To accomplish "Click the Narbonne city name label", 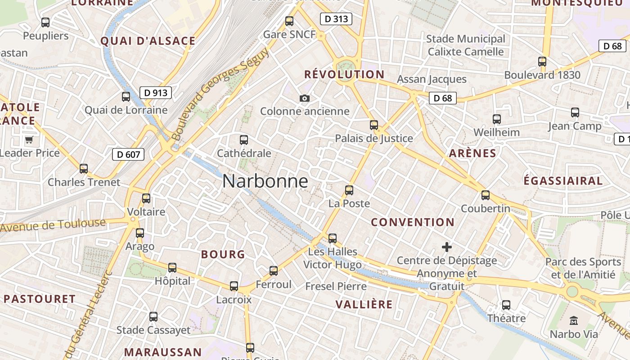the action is tap(265, 181).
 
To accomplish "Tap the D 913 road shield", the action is tap(156, 93).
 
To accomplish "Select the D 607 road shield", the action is tap(128, 154).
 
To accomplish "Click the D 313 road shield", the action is tap(336, 19).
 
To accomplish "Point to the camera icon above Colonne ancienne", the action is tap(305, 98).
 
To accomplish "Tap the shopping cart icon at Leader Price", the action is tap(29, 139).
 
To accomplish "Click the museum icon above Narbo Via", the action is tap(574, 321).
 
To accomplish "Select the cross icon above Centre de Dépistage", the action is tap(446, 247).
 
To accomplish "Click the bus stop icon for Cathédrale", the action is tap(244, 140).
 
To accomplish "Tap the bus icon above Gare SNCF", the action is tap(289, 21).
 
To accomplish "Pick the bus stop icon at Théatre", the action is tap(506, 305).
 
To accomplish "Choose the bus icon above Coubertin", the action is tap(485, 195).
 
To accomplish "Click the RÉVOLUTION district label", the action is tap(344, 75).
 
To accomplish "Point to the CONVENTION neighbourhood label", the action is tap(413, 222).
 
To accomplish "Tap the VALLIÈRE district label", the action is tap(364, 305).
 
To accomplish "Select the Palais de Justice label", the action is tap(373, 139).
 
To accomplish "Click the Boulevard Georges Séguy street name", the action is tap(220, 94).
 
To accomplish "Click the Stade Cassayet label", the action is tap(153, 330).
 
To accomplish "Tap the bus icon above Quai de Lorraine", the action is tap(126, 97).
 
